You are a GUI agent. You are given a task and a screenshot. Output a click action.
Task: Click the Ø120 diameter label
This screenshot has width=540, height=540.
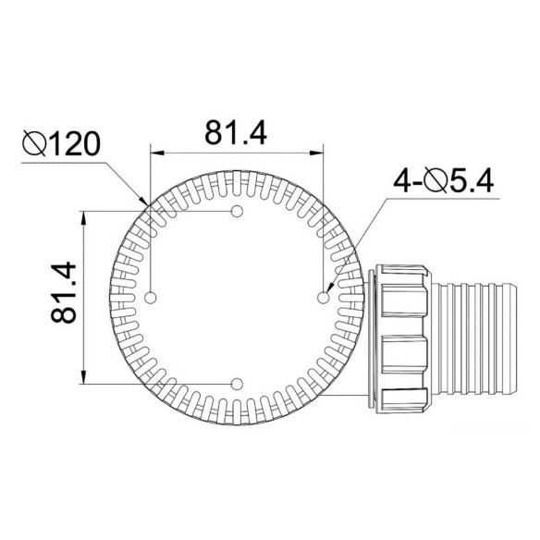(x=61, y=143)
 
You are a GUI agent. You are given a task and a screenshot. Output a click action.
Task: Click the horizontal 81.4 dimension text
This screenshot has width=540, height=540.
(x=236, y=132)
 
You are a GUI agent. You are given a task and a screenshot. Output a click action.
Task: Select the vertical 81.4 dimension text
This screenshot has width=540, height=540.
(x=64, y=292)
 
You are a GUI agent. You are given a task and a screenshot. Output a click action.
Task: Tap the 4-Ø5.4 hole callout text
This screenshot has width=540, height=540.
(x=444, y=180)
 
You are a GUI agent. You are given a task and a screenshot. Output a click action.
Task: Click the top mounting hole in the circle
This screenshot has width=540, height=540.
(x=237, y=211)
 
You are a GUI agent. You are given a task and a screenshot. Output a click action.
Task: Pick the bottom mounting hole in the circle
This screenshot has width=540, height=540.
(x=237, y=384)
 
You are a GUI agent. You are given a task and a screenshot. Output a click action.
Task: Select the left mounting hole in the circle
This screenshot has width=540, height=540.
(x=151, y=298)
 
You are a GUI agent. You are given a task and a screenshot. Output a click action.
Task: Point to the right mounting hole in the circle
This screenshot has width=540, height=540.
(x=323, y=298)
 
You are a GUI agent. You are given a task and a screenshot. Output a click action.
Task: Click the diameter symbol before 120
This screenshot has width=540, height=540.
(x=34, y=143)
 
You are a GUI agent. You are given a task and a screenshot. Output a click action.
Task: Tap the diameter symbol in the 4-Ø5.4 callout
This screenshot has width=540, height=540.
(x=436, y=180)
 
